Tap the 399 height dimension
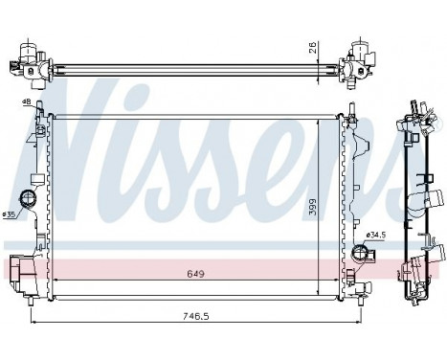pyautogui.click(x=312, y=205)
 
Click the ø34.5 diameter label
pyautogui.click(x=375, y=234)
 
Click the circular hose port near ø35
pyautogui.click(x=30, y=200)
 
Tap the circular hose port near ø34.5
pyautogui.click(x=361, y=253)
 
